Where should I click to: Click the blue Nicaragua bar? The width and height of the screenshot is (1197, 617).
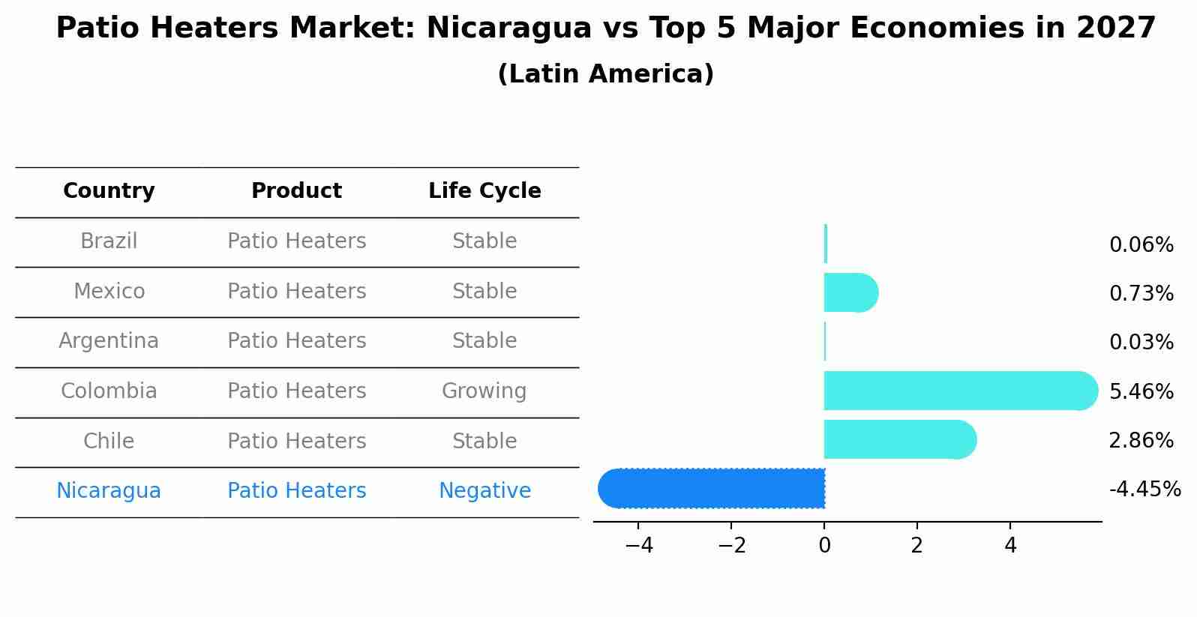coord(712,489)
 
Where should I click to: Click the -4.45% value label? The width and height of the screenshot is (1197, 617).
coord(1144,490)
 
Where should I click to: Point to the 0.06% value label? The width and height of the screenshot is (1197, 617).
coord(1141,245)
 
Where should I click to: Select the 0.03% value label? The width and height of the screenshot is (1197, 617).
coord(1141,343)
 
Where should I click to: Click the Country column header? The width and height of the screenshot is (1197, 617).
coord(109,191)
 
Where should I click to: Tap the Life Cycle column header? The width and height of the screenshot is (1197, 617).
coord(484,191)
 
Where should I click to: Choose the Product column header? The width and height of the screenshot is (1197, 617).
coord(296,191)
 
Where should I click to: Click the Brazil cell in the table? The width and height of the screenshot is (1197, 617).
coord(109,241)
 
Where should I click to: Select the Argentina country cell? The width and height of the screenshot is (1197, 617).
coord(109,341)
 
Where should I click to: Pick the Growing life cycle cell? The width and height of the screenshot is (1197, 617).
coord(484,391)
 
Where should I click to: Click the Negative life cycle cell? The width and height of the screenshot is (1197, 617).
coord(484,491)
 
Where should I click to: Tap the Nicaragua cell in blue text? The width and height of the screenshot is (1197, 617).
coord(109,491)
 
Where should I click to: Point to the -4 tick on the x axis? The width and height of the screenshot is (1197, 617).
coord(639,546)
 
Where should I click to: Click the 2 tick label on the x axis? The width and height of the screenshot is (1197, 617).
coord(916,546)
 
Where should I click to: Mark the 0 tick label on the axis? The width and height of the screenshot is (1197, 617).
coord(824,546)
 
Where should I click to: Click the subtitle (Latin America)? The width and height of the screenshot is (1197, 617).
coord(605,74)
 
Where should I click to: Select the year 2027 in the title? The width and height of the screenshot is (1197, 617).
coord(1116,28)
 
